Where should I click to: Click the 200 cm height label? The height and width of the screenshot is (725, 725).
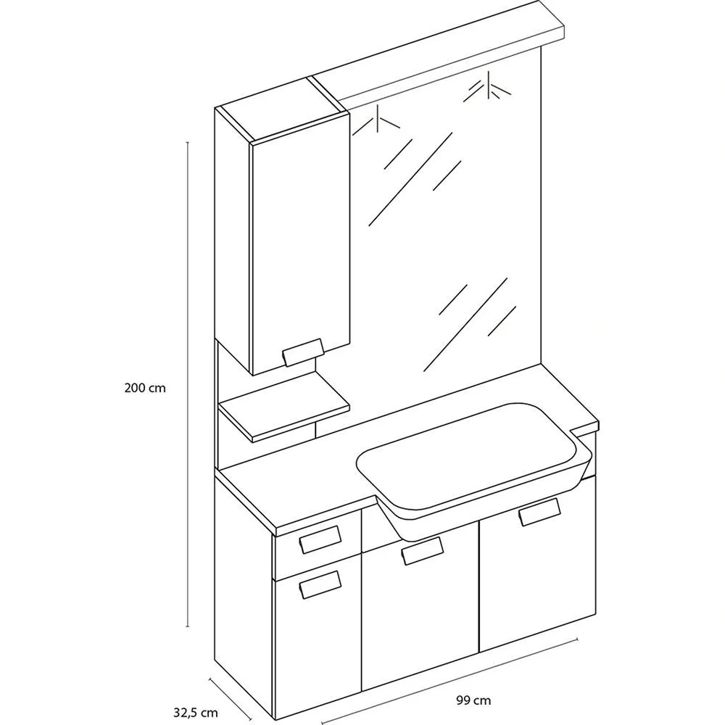pyautogui.click(x=145, y=388)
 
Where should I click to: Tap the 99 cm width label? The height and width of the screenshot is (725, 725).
pyautogui.click(x=473, y=700)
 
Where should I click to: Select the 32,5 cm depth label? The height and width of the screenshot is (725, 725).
pyautogui.click(x=196, y=713)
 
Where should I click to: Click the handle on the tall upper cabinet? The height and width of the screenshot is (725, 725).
pyautogui.click(x=303, y=352)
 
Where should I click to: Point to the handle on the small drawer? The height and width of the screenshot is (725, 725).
pyautogui.click(x=320, y=539)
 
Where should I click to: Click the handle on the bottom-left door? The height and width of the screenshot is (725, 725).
pyautogui.click(x=320, y=584)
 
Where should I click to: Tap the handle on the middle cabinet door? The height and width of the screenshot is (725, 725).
pyautogui.click(x=423, y=551)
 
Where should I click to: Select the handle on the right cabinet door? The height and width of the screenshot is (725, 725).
pyautogui.click(x=539, y=513)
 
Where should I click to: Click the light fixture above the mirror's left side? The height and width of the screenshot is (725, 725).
pyautogui.click(x=376, y=120)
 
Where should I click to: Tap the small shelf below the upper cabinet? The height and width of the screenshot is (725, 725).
pyautogui.click(x=283, y=407)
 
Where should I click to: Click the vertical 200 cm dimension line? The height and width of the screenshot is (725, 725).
pyautogui.click(x=188, y=384)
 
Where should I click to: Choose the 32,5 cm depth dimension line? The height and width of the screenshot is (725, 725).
pyautogui.click(x=231, y=699)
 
